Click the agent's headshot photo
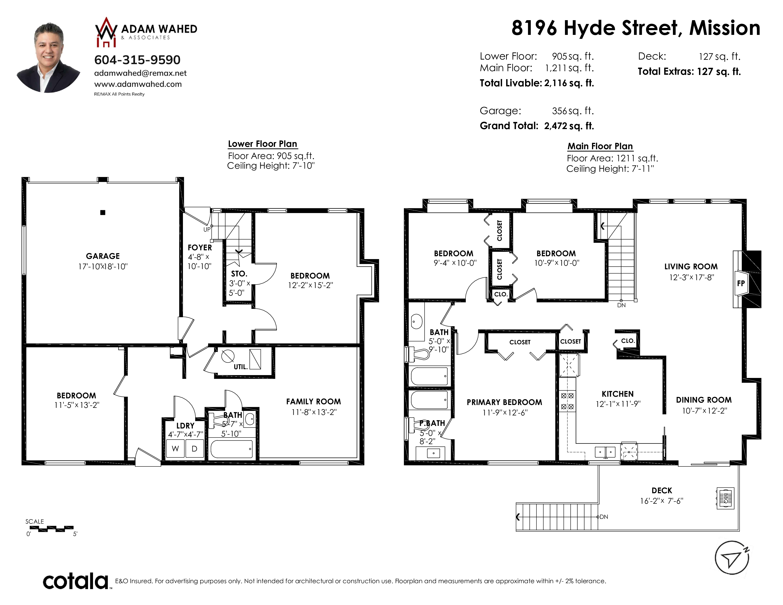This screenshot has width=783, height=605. point(49,57)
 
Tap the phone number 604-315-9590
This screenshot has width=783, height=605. point(137,60)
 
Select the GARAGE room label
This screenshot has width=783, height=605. point(103,256)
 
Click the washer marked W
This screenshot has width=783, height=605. point(175,448)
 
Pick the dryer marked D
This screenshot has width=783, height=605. point(194,448)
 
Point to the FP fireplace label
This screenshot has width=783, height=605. point(741,283)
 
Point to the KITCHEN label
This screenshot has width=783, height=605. point(618,394)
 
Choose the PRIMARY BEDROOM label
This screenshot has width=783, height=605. point(504,402)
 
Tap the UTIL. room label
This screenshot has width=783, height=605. point(241,367)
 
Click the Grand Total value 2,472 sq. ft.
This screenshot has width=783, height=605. point(569,126)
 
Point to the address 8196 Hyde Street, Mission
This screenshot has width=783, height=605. point(636,28)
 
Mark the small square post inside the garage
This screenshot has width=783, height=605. point(103,213)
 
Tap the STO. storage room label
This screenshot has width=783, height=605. point(239,274)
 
